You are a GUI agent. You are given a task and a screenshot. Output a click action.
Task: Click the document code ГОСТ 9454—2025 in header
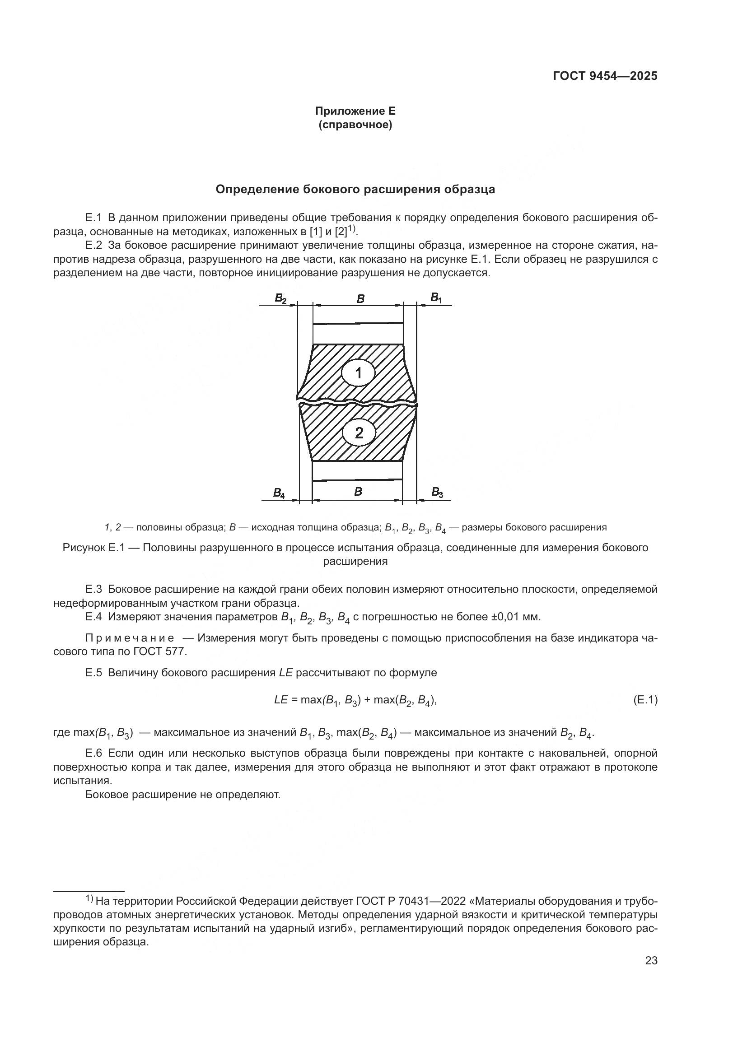point(605,76)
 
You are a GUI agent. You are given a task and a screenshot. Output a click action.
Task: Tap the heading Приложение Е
point(355,111)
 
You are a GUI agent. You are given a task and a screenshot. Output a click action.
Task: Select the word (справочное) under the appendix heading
point(355,125)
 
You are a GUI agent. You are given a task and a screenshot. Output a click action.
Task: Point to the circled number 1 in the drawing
point(359,373)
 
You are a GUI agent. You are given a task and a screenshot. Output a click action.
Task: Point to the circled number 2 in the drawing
point(359,433)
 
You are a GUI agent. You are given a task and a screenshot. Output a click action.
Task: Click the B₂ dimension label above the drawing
point(280,298)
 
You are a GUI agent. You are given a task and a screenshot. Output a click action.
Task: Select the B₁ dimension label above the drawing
point(435,298)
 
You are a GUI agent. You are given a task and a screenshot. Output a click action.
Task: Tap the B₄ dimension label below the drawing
point(279,493)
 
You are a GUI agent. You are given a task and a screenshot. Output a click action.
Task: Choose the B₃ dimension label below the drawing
point(437,493)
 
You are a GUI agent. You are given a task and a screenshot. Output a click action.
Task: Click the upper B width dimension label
point(360,299)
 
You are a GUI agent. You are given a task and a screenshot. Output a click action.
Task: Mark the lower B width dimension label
point(358,491)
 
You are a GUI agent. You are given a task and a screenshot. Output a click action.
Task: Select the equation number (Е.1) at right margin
point(645,700)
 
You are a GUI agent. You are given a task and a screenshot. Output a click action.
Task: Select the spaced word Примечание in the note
point(130,638)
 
